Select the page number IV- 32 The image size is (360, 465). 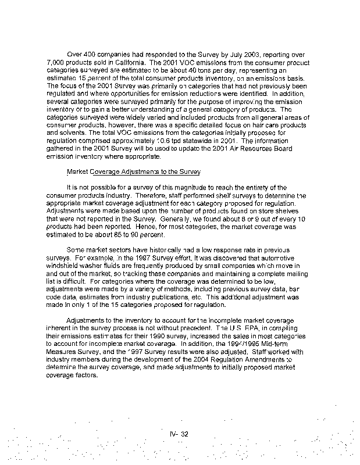click(180, 434)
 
